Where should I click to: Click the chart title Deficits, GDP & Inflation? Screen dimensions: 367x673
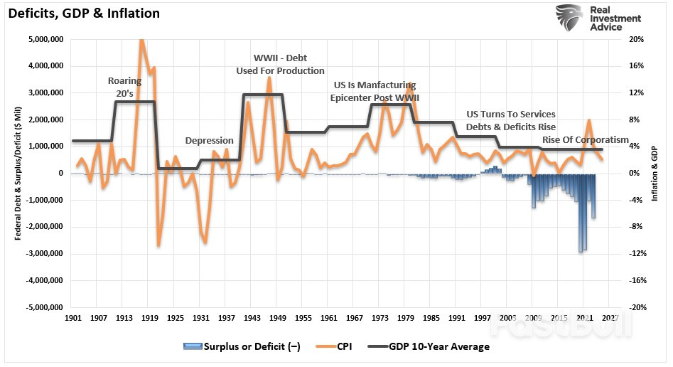(83, 14)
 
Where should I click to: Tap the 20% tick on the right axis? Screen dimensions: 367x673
(637, 39)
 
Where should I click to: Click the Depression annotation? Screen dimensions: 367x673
(210, 141)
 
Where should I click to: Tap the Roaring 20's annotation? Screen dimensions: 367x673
(124, 87)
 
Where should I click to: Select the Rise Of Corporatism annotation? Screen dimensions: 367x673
(586, 139)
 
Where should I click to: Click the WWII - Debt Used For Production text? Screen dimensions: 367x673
(280, 64)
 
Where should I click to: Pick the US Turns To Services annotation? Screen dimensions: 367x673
(511, 114)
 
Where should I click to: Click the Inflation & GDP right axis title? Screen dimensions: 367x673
(655, 174)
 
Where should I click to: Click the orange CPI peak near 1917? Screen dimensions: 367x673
(141, 41)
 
